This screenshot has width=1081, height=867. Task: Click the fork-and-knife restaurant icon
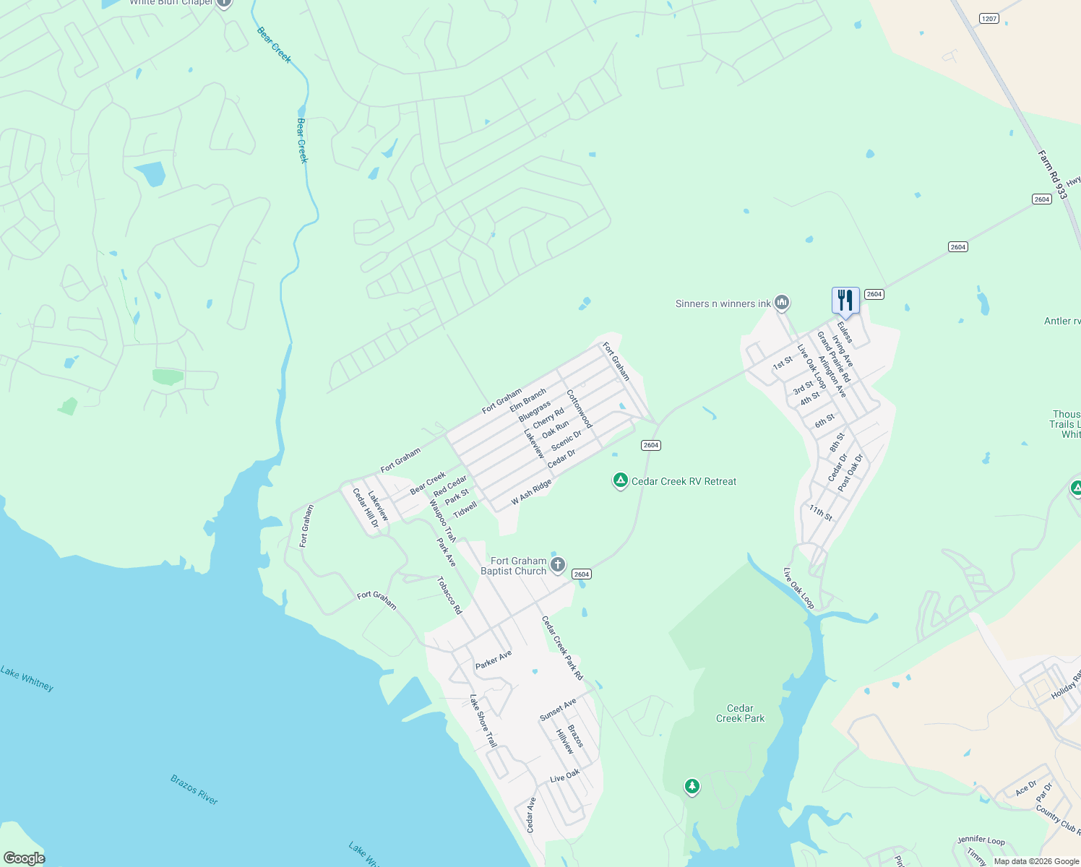[845, 300]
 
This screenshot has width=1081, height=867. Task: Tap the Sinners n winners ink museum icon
[781, 303]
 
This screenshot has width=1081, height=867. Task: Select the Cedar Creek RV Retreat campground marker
[620, 480]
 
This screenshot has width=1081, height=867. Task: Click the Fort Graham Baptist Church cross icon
[557, 564]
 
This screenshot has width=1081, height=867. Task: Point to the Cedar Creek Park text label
[740, 713]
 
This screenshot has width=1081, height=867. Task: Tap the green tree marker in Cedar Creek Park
[692, 786]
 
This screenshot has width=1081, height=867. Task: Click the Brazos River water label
[194, 789]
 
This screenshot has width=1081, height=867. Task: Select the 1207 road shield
[989, 18]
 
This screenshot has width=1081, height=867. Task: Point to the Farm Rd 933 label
[1052, 174]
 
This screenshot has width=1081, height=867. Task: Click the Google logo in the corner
[24, 858]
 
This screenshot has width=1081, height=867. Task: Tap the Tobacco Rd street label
[449, 595]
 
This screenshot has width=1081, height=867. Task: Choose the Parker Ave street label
[494, 659]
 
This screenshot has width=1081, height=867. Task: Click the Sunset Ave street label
[558, 709]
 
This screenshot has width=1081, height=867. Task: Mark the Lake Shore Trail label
[483, 720]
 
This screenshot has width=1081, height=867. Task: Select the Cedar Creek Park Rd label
[562, 648]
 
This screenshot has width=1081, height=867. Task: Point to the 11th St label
[821, 513]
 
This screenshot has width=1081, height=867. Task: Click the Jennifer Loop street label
[981, 840]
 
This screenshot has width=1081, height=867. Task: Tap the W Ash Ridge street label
[531, 492]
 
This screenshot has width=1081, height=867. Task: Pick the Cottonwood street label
[580, 409]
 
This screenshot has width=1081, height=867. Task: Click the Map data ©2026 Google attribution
[1035, 860]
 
